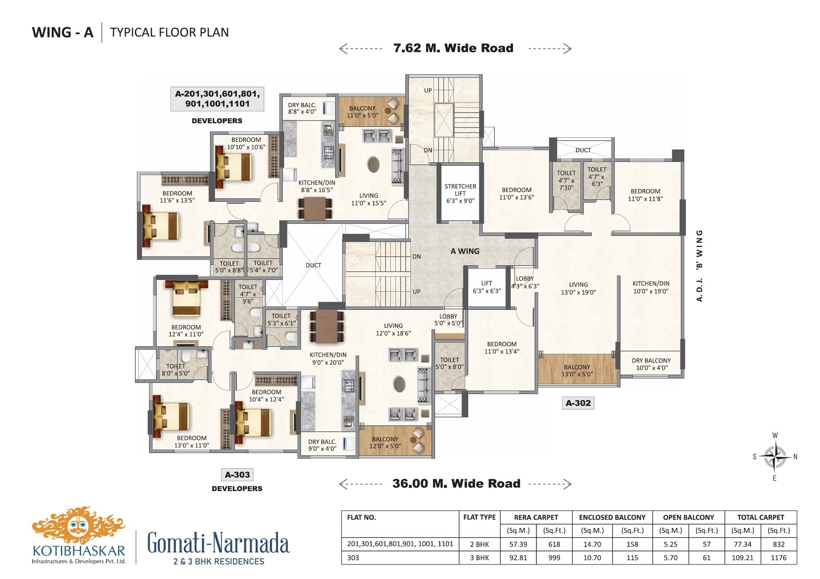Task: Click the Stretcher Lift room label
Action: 460,193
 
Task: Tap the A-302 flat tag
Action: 578,403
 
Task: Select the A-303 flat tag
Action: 237,475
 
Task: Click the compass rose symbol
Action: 774,456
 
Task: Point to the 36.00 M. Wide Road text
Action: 456,484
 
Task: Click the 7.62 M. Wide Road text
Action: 453,48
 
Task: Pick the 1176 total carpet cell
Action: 778,558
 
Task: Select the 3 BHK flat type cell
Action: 479,558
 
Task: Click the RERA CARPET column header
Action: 536,517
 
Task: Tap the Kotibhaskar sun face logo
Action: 78,526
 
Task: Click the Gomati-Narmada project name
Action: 218,543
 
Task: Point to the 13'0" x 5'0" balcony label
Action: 577,370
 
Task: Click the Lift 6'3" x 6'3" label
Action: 487,287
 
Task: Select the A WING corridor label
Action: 465,251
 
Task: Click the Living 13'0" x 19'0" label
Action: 578,288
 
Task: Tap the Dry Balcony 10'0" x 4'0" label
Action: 651,364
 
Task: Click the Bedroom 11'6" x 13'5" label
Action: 177,197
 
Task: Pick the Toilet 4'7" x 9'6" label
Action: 248,294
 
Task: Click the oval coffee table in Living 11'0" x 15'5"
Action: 373,164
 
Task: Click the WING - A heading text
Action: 63,32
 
